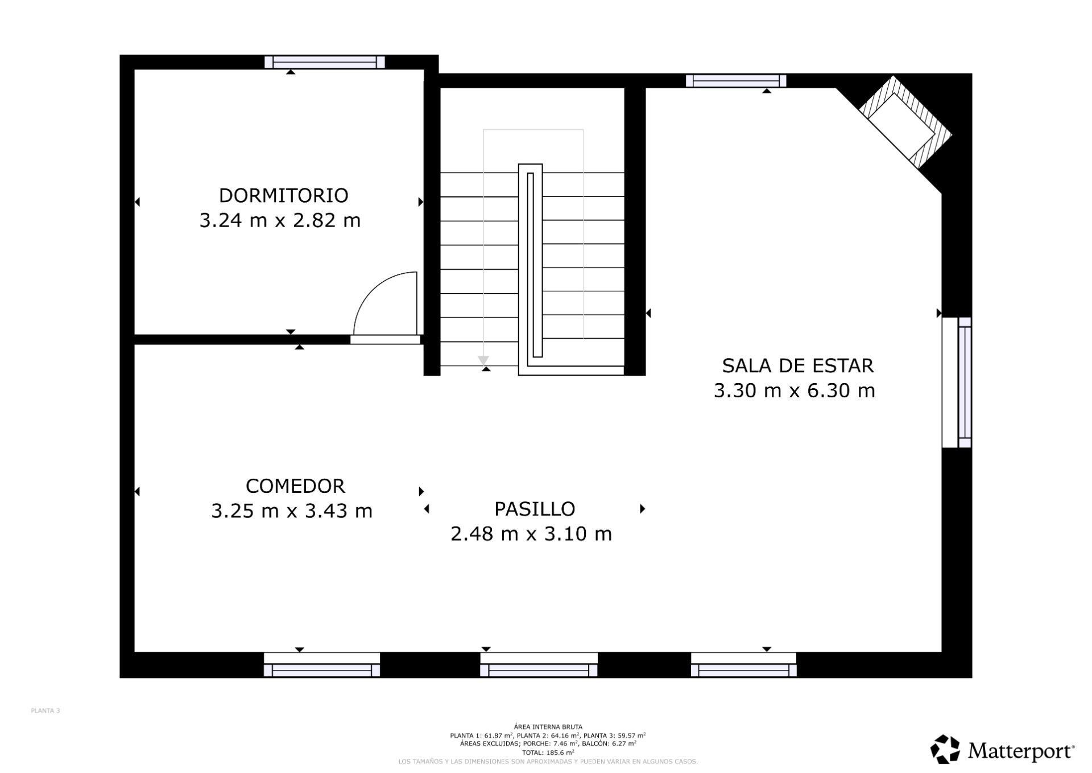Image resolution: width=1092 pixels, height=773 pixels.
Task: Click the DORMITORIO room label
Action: click(x=283, y=195)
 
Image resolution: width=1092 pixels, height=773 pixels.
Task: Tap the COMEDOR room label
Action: click(x=295, y=486)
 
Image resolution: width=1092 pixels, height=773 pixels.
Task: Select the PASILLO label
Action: click(x=534, y=509)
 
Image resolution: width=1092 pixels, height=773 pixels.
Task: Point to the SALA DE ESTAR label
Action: click(x=797, y=365)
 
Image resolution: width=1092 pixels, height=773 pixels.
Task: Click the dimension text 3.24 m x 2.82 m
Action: click(x=280, y=220)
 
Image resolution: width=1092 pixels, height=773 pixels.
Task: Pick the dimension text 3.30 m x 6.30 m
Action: click(x=794, y=391)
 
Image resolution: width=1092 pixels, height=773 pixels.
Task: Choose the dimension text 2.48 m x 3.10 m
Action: click(x=531, y=534)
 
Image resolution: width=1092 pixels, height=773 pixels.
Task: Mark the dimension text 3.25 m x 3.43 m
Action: click(x=291, y=511)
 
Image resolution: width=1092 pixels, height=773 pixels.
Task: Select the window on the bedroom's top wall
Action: click(x=325, y=62)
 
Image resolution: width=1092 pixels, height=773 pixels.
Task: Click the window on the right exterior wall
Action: click(x=964, y=383)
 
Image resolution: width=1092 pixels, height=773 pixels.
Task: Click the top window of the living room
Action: click(x=736, y=81)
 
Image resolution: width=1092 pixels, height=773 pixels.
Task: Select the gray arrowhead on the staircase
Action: click(x=483, y=360)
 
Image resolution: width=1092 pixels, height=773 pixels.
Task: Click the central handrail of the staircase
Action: click(x=530, y=268)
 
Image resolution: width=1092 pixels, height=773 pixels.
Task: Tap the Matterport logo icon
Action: click(x=945, y=749)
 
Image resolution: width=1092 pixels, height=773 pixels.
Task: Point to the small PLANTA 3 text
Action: click(x=45, y=710)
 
